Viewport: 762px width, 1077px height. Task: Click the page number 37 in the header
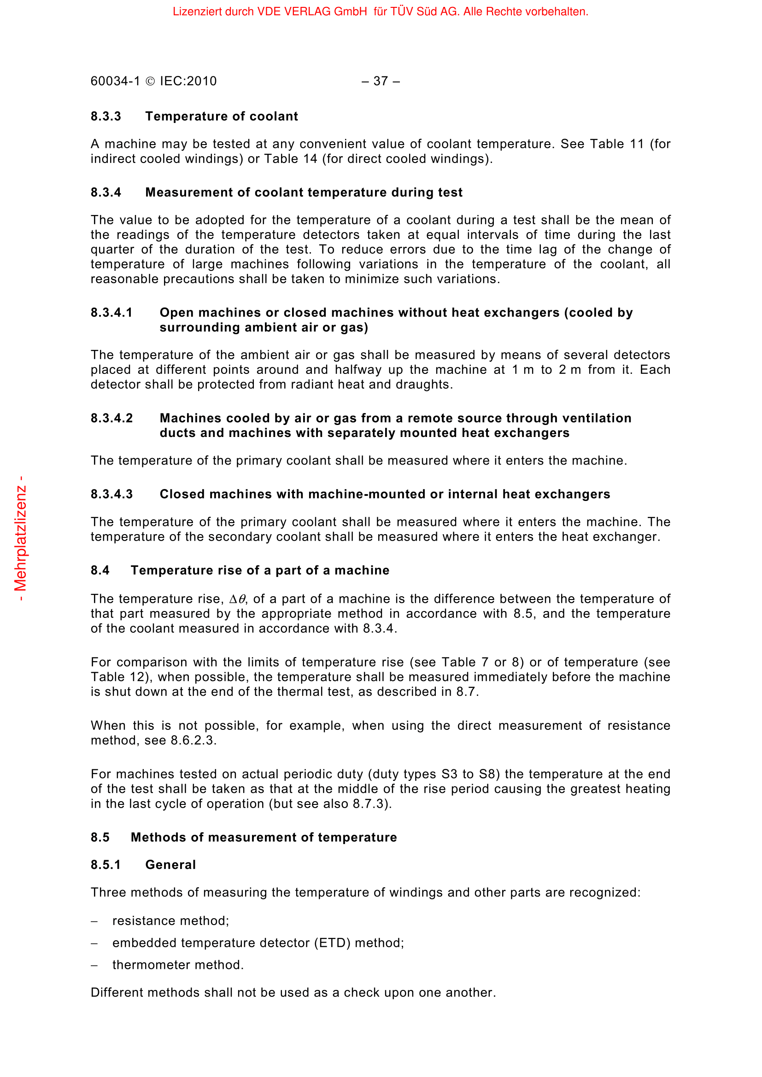click(381, 81)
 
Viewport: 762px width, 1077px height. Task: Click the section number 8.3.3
click(106, 116)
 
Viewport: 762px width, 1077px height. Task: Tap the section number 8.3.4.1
click(111, 313)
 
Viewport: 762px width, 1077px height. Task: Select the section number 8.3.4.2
click(111, 419)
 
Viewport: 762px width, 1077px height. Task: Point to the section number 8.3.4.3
click(111, 495)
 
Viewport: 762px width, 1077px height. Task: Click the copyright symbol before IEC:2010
click(150, 82)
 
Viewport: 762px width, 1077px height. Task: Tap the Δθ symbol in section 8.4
click(237, 600)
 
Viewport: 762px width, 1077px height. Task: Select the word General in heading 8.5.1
click(170, 865)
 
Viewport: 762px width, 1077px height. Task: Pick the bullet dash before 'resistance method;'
click(94, 921)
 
